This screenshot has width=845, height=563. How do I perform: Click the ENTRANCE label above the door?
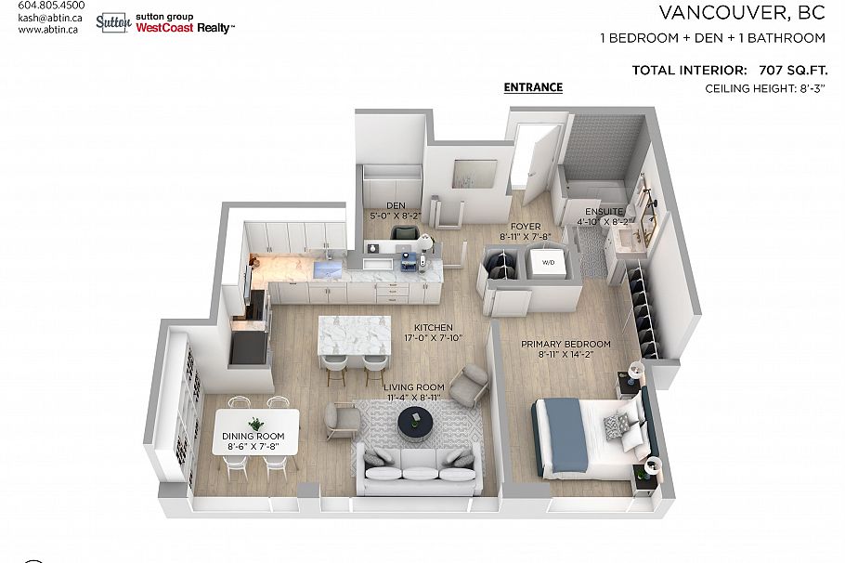(533, 87)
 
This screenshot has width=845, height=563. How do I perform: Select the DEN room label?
(396, 205)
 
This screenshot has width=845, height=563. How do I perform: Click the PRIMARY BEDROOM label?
(565, 343)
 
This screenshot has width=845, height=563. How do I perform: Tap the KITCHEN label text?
(434, 327)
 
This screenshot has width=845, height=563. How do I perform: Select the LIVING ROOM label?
(417, 386)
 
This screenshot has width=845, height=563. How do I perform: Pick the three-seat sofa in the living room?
(421, 470)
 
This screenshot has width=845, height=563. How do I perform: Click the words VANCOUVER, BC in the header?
(742, 12)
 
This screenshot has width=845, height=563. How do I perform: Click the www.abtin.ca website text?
(48, 29)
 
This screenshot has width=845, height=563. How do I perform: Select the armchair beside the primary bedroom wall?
(472, 382)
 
